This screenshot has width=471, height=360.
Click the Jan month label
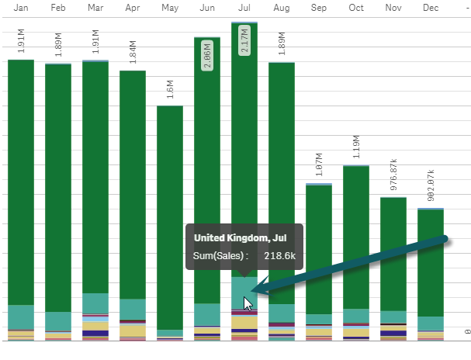[21, 8]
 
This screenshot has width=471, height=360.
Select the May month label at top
[170, 8]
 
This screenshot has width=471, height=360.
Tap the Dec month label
[431, 8]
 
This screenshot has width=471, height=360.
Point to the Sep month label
[319, 8]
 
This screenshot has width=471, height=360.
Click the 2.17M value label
[244, 40]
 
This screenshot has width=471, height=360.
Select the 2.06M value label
[207, 54]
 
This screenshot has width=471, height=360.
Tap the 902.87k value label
[431, 184]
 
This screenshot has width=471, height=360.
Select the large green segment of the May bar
[170, 217]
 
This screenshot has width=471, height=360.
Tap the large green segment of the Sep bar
[319, 248]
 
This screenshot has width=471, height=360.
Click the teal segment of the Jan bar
[21, 316]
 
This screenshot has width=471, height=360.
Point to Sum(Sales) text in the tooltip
[221, 255]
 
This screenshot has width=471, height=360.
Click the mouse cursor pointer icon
[248, 303]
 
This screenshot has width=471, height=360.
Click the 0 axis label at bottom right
[466, 331]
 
